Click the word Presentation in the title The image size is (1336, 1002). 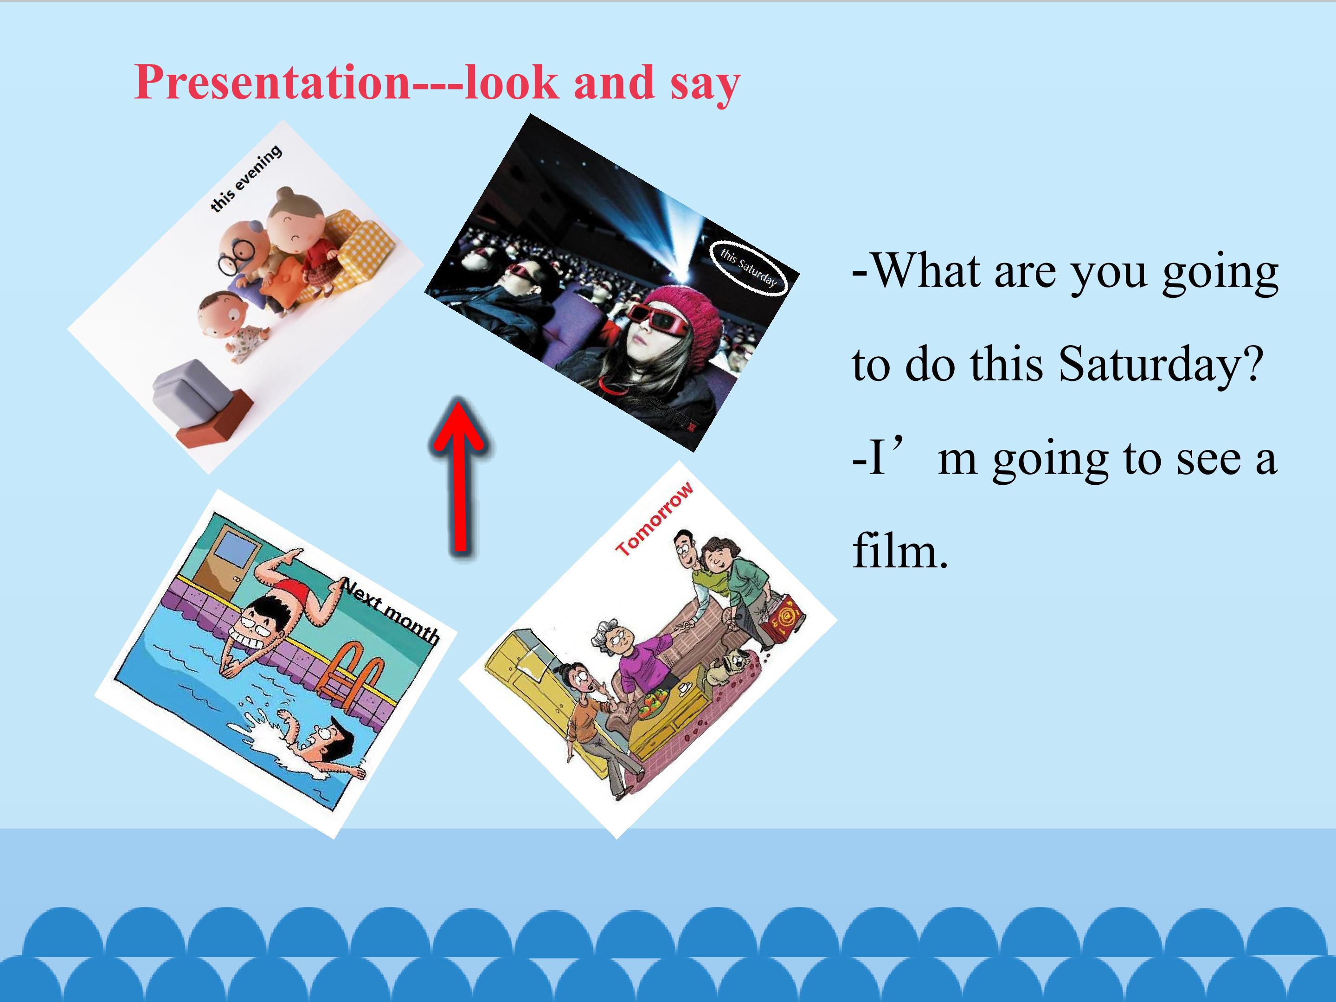click(272, 82)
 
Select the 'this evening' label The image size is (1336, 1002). click(246, 178)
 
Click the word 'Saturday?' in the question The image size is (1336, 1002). click(1161, 366)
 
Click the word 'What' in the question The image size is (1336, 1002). click(927, 272)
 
